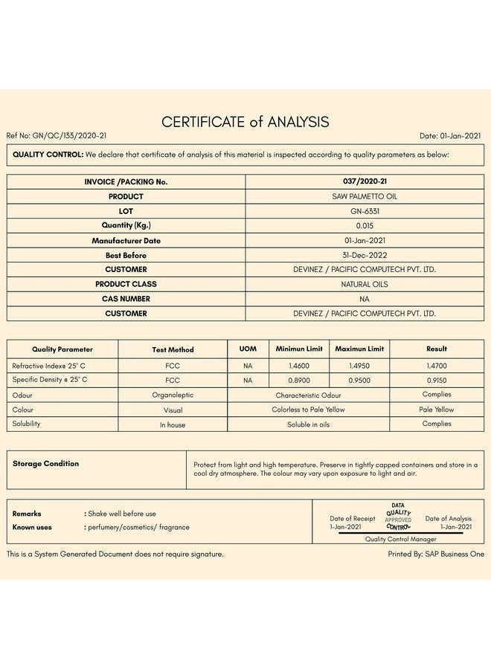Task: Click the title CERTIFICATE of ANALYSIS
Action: point(245,122)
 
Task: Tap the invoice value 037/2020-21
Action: point(364,181)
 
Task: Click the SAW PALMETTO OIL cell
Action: point(364,196)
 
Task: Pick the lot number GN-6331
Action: point(364,211)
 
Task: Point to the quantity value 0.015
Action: point(364,225)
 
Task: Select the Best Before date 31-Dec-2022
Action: point(364,255)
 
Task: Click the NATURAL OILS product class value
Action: point(364,284)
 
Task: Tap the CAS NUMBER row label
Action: point(126,299)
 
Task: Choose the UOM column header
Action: point(248,349)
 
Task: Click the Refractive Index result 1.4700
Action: point(437,366)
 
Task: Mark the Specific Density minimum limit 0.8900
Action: point(299,380)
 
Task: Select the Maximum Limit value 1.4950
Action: point(359,366)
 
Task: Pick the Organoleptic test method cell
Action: point(173,395)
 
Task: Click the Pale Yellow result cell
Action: point(437,410)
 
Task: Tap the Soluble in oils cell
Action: point(308,424)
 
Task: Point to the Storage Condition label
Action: point(45,464)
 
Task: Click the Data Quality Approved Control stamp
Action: point(398,516)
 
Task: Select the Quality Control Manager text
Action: point(400,539)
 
